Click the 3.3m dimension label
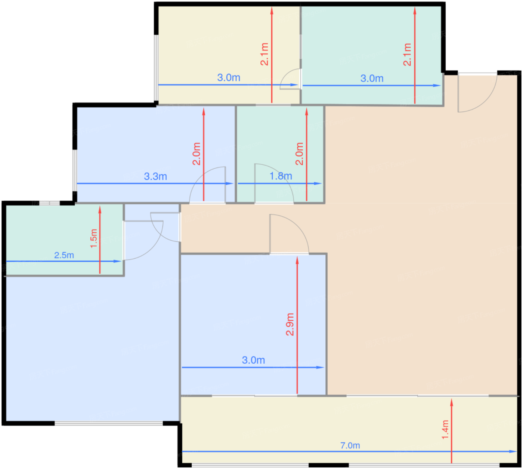coord(155,177)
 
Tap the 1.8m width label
coord(281,176)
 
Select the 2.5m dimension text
coord(64,255)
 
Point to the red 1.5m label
coord(94,238)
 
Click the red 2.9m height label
coord(290,324)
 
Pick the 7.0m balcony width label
coord(350,445)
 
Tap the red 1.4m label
coord(445,430)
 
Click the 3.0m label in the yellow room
coord(229,78)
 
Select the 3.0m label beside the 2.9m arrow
coord(254,360)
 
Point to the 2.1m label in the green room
coord(407,55)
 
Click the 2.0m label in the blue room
coord(197,154)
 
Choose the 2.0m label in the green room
coord(300,154)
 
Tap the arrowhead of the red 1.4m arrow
coord(452,402)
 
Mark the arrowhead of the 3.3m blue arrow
coord(230,183)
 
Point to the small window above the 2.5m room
coord(49,203)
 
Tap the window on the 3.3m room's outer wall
coord(75,170)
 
